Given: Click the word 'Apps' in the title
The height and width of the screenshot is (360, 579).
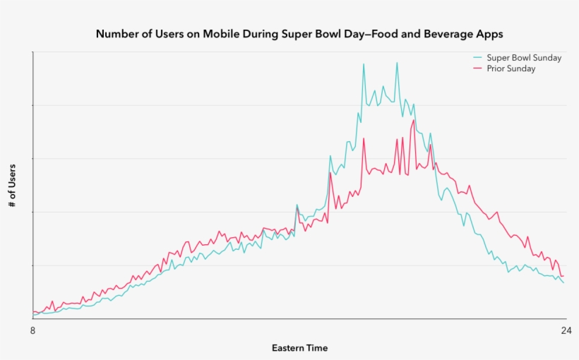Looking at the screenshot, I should [489, 34].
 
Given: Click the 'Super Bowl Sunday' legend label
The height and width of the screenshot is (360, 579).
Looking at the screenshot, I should [524, 58].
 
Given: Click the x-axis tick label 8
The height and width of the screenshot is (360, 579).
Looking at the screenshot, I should [32, 330].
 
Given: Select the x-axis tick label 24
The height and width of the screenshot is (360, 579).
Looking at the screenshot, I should [564, 330].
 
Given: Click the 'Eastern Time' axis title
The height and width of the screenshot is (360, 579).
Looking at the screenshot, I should [299, 348].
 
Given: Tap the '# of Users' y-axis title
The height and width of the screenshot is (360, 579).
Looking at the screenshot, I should [12, 185].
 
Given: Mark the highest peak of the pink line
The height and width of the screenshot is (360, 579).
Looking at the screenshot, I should [413, 120].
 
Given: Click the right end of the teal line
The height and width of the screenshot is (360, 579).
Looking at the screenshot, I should [563, 283].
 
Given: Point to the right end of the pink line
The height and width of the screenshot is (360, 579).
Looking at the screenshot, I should [563, 276].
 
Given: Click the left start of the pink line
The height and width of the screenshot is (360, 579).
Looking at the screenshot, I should [33, 312].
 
